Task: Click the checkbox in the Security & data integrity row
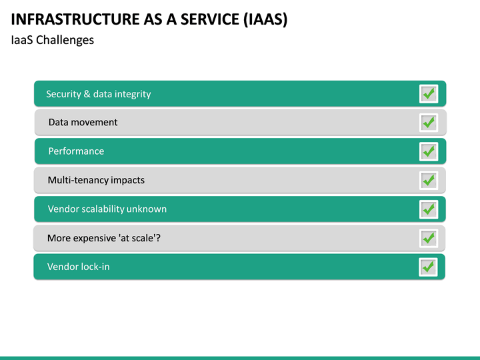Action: pyautogui.click(x=428, y=94)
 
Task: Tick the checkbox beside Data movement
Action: pyautogui.click(x=428, y=123)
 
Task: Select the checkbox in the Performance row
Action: pyautogui.click(x=428, y=151)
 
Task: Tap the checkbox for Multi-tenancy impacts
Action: pyautogui.click(x=428, y=180)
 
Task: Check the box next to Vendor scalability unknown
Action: pyautogui.click(x=428, y=209)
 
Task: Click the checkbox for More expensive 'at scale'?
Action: pyautogui.click(x=428, y=238)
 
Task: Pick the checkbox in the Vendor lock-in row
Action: pyautogui.click(x=428, y=267)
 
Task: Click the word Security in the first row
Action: pyautogui.click(x=63, y=94)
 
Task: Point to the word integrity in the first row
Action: pyautogui.click(x=133, y=95)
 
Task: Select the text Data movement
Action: pyautogui.click(x=83, y=123)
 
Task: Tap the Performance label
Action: pyautogui.click(x=76, y=151)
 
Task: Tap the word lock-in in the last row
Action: pyautogui.click(x=95, y=267)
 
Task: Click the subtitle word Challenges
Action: pyautogui.click(x=65, y=40)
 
